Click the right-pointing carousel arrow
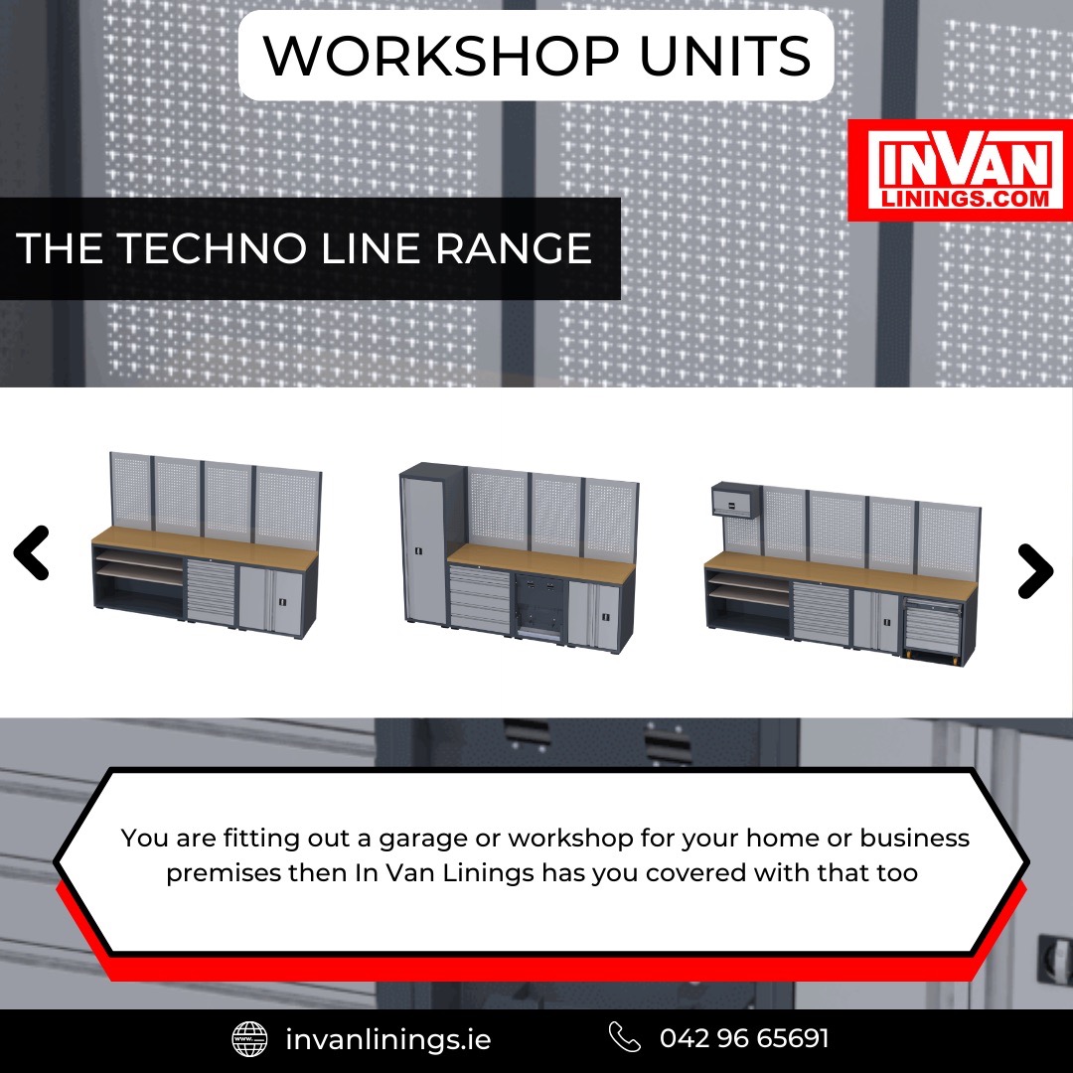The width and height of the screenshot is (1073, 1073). [x=1036, y=571]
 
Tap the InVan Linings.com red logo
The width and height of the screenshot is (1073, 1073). [x=960, y=170]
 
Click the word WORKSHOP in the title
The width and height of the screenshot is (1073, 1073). [x=441, y=56]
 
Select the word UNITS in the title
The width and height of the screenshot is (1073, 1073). [x=725, y=56]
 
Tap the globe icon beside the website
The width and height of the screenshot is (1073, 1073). [x=249, y=1039]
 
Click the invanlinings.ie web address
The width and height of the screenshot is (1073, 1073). [x=388, y=1039]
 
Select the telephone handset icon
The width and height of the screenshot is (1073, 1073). [x=624, y=1037]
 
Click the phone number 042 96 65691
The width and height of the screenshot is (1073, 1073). [x=744, y=1038]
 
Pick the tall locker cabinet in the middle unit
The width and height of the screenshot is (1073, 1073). [x=424, y=544]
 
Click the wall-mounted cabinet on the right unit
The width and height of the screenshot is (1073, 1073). [x=736, y=500]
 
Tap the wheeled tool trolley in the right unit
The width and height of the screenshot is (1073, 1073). [x=933, y=630]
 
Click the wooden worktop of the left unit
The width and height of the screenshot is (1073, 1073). [x=205, y=547]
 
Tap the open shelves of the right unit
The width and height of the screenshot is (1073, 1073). [x=749, y=602]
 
